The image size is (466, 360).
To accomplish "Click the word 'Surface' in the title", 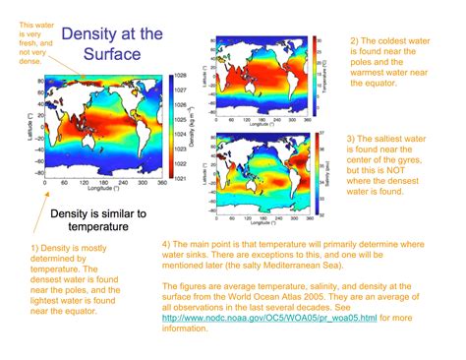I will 111,54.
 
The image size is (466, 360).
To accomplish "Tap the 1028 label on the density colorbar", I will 180,75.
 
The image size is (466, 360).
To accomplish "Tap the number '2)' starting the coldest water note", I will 355,39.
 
